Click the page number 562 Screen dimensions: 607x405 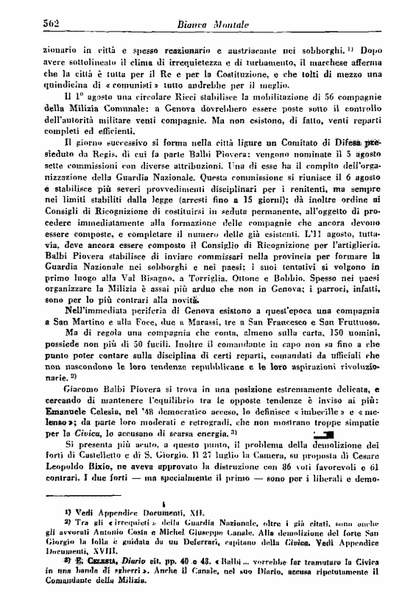pos(32,26)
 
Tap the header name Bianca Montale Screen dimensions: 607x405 pos(209,26)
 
